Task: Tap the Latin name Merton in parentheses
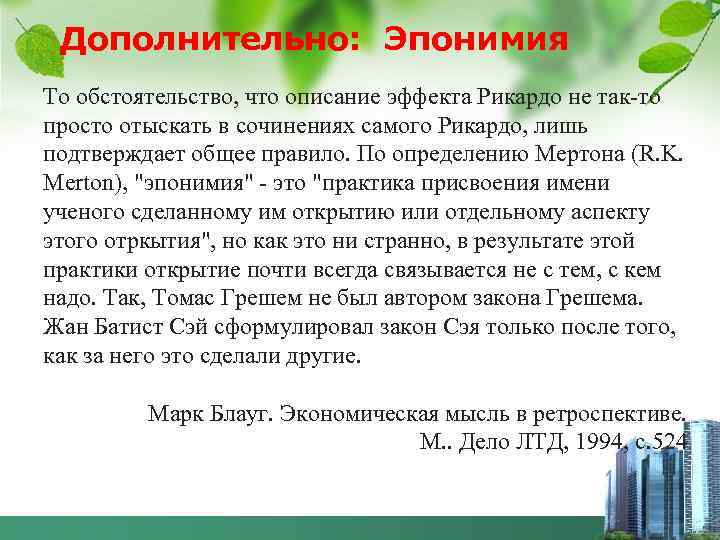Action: point(81,186)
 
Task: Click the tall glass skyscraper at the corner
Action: point(700,470)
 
